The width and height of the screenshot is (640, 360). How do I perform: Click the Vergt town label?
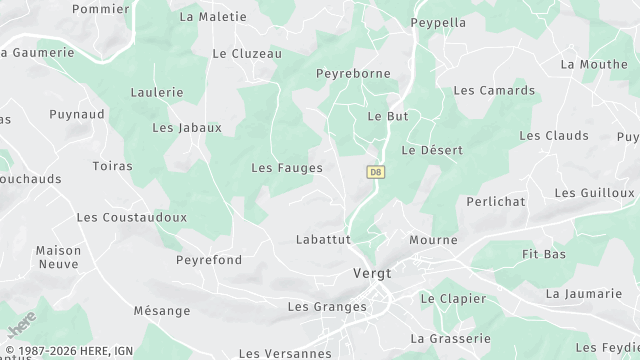click(x=373, y=273)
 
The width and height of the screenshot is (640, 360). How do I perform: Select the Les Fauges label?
click(x=286, y=168)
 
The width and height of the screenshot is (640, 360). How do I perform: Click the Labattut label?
click(x=323, y=240)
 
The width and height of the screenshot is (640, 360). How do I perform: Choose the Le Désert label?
click(x=432, y=150)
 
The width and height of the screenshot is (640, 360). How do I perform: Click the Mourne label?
click(x=433, y=240)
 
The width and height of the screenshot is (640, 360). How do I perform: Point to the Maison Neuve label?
click(x=58, y=257)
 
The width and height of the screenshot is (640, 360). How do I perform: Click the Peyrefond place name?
click(x=209, y=260)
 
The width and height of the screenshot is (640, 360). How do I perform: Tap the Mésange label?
click(x=161, y=311)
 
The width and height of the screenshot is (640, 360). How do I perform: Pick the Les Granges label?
click(x=327, y=306)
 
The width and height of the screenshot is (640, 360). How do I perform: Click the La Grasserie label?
click(x=450, y=338)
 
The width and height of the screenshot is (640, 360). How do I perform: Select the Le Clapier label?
click(x=453, y=298)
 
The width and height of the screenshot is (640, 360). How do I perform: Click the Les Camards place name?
click(x=494, y=90)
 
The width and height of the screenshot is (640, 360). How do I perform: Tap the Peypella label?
click(x=439, y=22)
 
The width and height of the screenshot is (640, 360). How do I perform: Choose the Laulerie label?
click(x=157, y=92)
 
